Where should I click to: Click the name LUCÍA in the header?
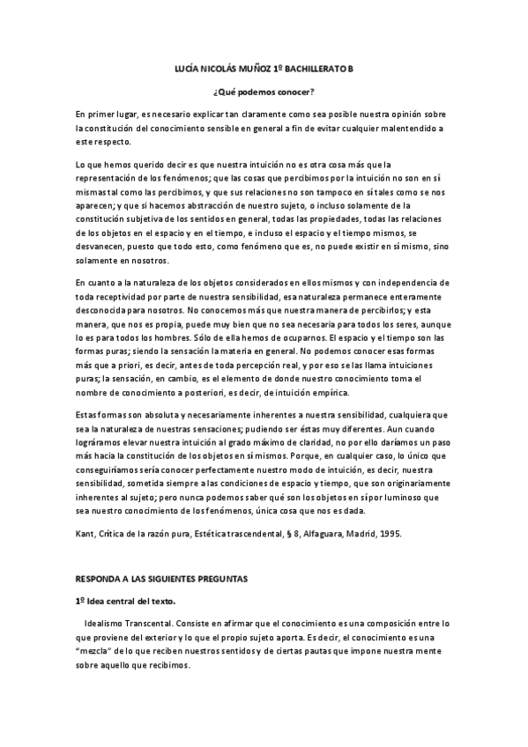(182, 68)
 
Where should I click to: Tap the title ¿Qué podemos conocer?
(264, 92)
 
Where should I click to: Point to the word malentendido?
(405, 128)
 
